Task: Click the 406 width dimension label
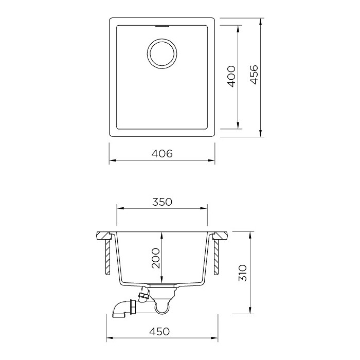[162, 153]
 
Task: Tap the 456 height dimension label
[254, 75]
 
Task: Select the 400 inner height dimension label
[231, 77]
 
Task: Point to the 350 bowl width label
[162, 202]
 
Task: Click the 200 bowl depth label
[156, 258]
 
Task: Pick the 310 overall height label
[242, 273]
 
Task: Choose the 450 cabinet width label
[159, 331]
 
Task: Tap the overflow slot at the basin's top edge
[162, 26]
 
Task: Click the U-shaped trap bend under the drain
[162, 311]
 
